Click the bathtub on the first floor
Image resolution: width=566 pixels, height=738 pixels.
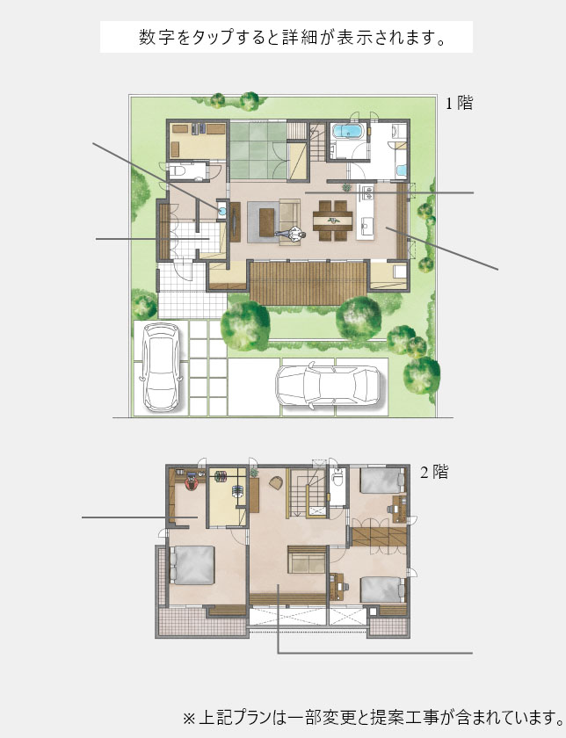(x=347, y=131)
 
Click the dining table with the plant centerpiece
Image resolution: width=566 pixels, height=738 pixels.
(x=333, y=221)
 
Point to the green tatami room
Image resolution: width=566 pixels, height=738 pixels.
(x=258, y=149)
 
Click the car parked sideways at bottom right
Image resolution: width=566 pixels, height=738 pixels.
(x=327, y=386)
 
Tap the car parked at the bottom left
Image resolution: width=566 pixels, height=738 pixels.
(x=162, y=367)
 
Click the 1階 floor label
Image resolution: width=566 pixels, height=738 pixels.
(x=459, y=103)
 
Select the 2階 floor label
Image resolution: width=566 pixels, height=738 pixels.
(x=433, y=472)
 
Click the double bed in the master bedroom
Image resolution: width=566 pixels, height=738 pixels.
(x=192, y=565)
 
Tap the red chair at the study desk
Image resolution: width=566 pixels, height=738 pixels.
(x=192, y=483)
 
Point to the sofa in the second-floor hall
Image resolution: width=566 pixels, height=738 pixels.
(x=307, y=559)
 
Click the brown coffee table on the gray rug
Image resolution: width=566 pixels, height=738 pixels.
(x=266, y=221)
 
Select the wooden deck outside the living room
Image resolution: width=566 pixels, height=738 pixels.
(x=308, y=284)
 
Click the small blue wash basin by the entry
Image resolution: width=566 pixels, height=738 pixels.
(x=221, y=210)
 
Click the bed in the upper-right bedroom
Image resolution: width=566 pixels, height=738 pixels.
(x=382, y=481)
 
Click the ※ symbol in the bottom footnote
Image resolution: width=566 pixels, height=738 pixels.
(x=189, y=719)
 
